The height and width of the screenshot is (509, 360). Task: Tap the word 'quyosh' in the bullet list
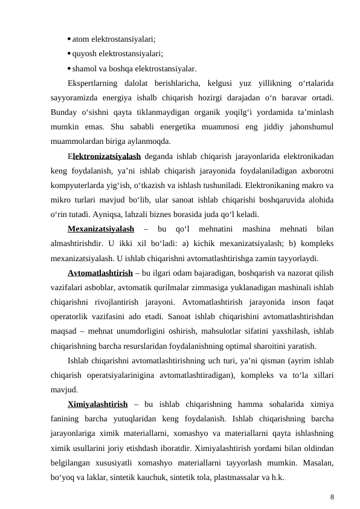[x=85, y=53]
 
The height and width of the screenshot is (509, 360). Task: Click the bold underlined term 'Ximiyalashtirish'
[x=97, y=405]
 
